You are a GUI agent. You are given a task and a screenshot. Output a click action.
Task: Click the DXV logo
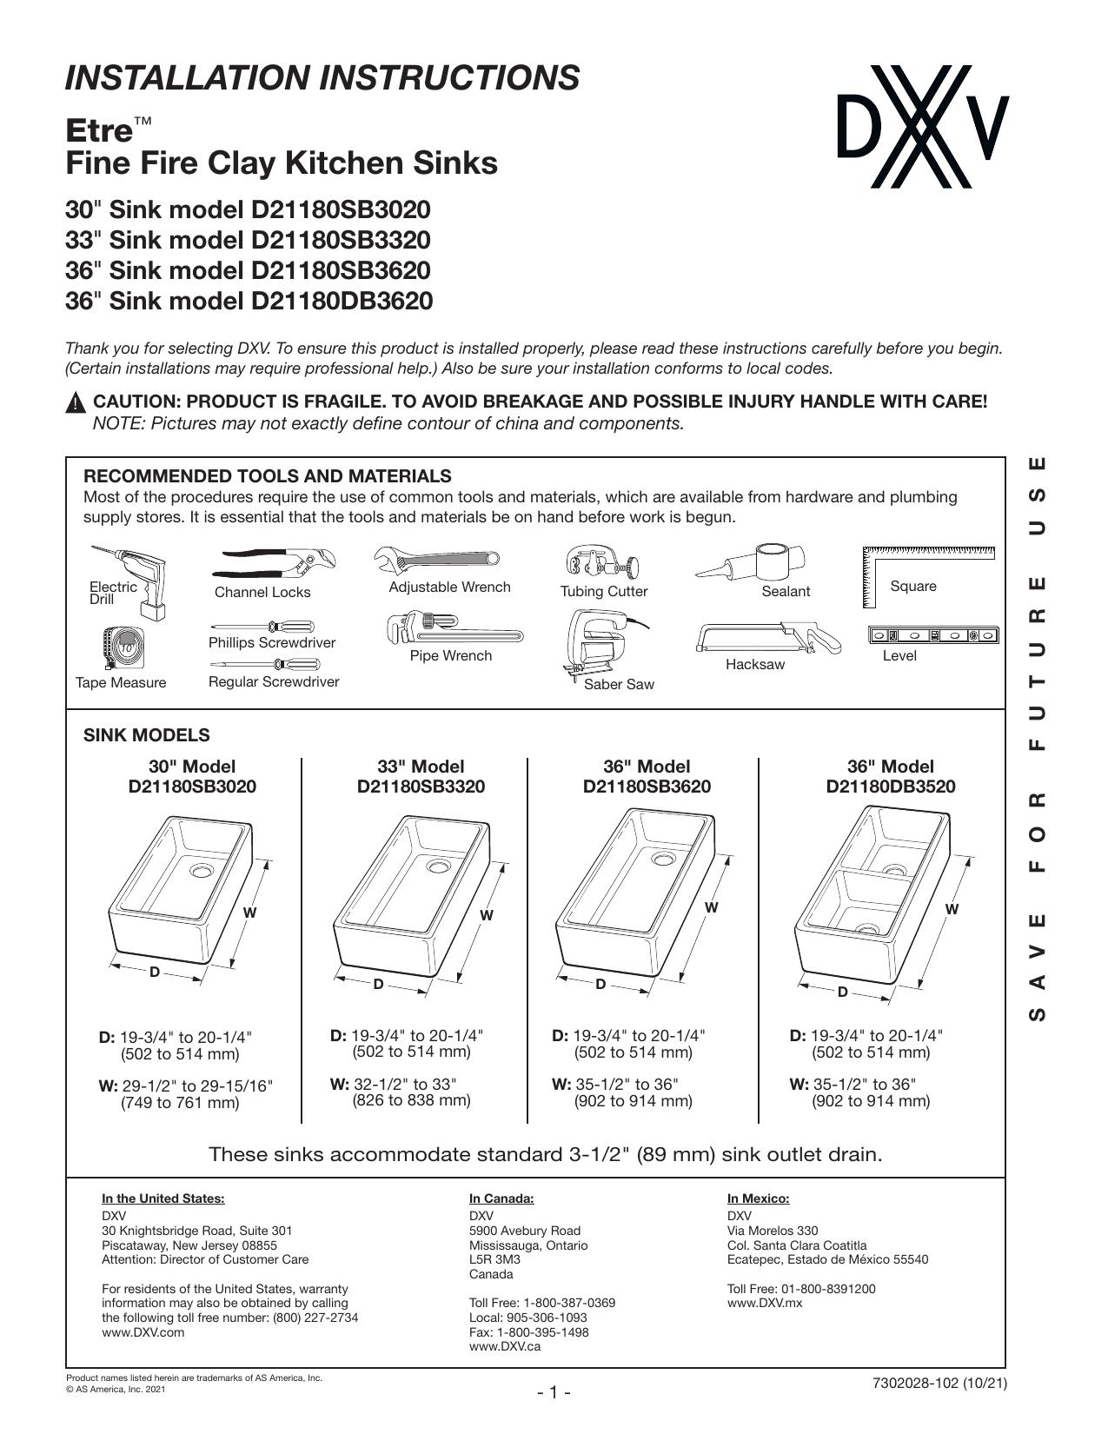click(x=923, y=127)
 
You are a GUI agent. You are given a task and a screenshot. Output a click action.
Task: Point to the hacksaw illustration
click(x=768, y=638)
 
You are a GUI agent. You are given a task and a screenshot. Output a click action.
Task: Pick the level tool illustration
click(x=933, y=635)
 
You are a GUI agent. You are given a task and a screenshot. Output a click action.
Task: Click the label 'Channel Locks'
click(x=262, y=592)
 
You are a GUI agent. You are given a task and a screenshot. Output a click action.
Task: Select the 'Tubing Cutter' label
click(x=604, y=591)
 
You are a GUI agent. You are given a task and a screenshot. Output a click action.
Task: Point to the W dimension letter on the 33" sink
click(x=487, y=915)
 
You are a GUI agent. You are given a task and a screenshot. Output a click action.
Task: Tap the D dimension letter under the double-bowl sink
click(x=843, y=992)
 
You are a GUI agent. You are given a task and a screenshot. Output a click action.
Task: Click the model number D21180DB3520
click(x=890, y=786)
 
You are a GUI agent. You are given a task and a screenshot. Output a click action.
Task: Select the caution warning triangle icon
click(x=76, y=402)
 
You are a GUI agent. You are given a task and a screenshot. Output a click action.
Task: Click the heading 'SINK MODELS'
click(x=147, y=735)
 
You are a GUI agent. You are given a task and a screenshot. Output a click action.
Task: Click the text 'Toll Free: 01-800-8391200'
click(x=801, y=1289)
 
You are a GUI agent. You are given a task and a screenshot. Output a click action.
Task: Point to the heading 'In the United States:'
click(x=163, y=1198)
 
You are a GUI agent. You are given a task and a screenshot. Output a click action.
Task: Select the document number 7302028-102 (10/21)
click(x=939, y=1384)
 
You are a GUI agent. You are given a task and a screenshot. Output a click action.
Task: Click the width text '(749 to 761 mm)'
click(x=180, y=1103)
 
